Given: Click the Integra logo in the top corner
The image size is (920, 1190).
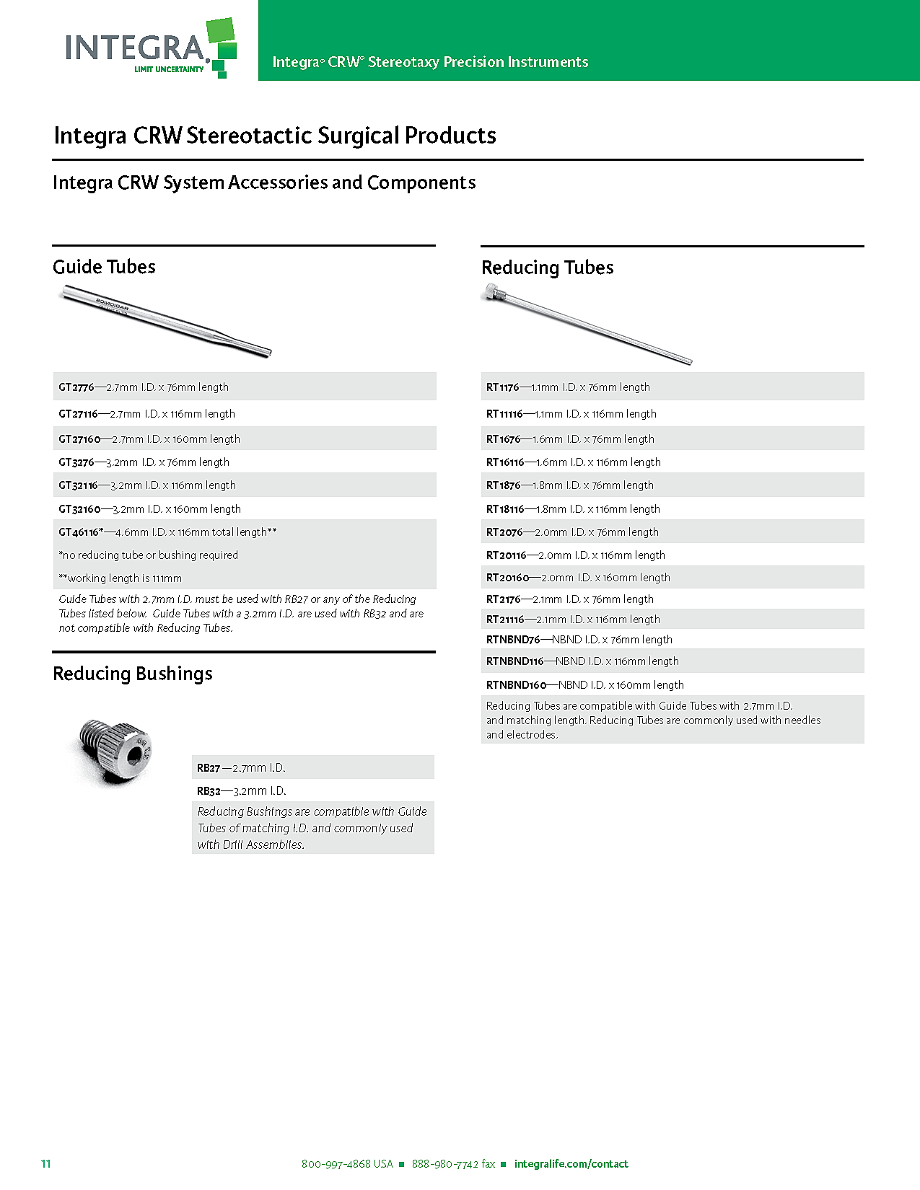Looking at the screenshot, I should coord(150,48).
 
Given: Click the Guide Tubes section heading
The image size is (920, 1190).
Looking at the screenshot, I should coord(104,267).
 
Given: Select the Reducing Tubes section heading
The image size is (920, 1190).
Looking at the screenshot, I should coord(547,268).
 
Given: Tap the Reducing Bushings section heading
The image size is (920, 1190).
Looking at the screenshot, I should coord(133,674).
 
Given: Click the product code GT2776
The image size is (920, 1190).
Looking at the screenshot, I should coord(76,387).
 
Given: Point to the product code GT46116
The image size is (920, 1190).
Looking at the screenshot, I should coord(79,532).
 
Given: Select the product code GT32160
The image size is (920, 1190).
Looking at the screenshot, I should coord(79,509).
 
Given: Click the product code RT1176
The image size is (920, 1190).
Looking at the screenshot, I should coord(502,387).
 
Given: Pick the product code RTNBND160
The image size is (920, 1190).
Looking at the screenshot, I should coord(516,685).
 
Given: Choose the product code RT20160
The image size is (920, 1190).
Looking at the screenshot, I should coord(507,578).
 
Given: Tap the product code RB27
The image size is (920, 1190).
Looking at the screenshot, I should coord(209,768).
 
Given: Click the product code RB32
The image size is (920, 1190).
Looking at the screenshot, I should coord(209,791).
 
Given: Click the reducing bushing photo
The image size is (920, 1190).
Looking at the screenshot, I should coord(115,751).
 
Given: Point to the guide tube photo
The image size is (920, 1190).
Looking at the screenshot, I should coord(166,320).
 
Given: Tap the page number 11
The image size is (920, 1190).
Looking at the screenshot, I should coord(46,1163).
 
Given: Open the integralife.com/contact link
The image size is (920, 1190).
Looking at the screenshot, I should coord(571,1164).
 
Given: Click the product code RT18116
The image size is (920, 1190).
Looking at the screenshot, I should coord(505,509).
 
